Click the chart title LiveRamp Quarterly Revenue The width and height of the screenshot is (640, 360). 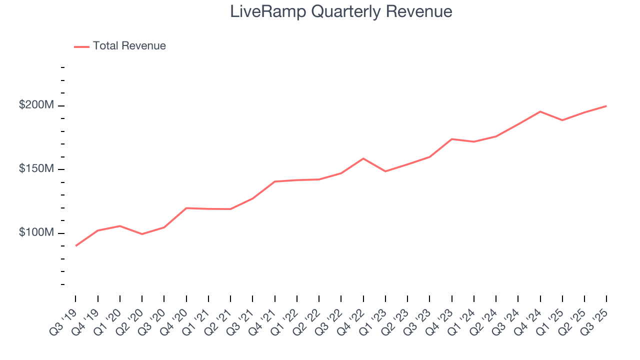[x=341, y=11]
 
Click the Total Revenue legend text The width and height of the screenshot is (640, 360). [x=129, y=46]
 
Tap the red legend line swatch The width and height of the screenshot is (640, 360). [x=81, y=46]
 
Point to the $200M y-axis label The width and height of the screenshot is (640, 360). [x=36, y=105]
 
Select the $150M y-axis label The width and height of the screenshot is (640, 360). [x=36, y=169]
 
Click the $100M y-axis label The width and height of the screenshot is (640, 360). [x=36, y=233]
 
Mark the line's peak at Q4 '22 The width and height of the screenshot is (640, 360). [x=363, y=158]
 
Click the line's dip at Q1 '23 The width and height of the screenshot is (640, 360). [x=385, y=171]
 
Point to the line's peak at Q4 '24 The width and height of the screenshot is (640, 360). [x=540, y=111]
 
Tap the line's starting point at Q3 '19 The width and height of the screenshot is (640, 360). [x=75, y=245]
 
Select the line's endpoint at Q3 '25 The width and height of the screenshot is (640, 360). [x=606, y=106]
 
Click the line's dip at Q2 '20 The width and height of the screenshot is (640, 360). [x=142, y=234]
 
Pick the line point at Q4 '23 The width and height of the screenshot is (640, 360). [x=451, y=139]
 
